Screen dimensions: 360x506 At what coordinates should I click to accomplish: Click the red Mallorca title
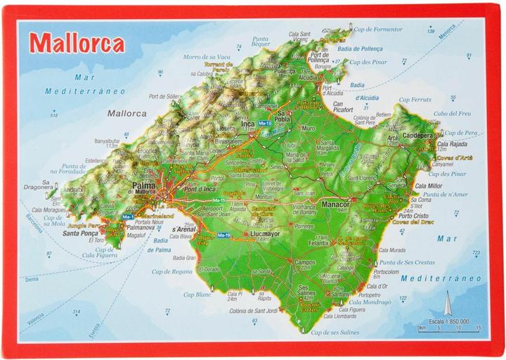click(x=77, y=43)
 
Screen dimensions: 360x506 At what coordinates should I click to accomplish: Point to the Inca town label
click(x=247, y=124)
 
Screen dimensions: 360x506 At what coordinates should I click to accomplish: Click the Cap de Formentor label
click(x=378, y=30)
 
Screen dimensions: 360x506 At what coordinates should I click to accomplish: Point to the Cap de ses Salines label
click(x=335, y=332)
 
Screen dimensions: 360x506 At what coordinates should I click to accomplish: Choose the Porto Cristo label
click(x=413, y=216)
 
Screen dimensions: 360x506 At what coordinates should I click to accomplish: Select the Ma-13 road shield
click(x=264, y=124)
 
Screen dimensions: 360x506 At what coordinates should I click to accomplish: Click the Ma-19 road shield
click(x=223, y=234)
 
